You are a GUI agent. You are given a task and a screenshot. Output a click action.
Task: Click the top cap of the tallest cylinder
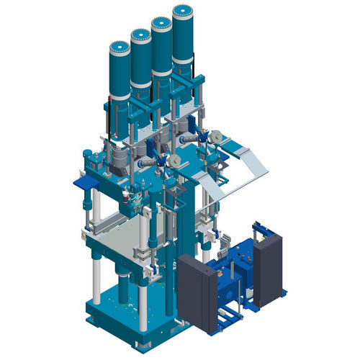click(183, 12)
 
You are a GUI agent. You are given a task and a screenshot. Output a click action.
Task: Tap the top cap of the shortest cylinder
click(119, 48)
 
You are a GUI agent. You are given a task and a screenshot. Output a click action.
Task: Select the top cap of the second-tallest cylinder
click(161, 22)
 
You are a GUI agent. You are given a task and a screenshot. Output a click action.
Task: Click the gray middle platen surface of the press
click(122, 230)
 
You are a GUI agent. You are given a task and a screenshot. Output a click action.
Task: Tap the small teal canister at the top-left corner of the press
click(88, 155)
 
